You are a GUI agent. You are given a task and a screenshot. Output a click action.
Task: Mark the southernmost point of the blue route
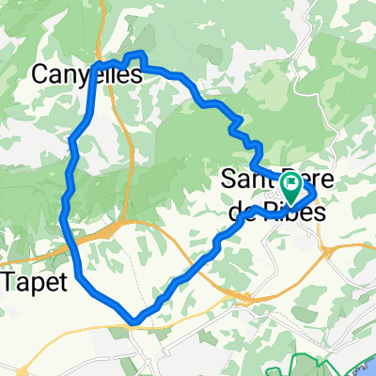coord(135,322)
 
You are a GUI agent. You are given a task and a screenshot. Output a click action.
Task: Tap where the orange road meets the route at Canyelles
coord(115,64)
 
